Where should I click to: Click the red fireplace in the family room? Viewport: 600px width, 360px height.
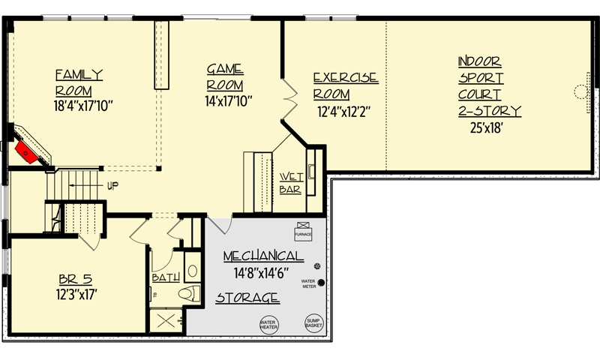click(x=27, y=152)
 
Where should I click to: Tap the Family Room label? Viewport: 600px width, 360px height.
click(x=79, y=83)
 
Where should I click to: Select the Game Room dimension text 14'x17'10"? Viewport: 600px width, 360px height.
click(x=229, y=101)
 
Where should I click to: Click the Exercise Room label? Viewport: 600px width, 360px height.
click(x=346, y=86)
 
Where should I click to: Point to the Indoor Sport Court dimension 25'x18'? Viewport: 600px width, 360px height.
click(x=486, y=127)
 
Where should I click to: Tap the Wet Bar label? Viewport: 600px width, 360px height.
click(x=291, y=183)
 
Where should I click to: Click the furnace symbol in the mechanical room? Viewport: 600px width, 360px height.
click(x=303, y=232)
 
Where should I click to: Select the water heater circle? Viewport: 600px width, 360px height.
click(x=268, y=325)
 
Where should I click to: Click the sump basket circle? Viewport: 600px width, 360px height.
click(x=313, y=323)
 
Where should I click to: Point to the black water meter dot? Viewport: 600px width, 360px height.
click(x=321, y=283)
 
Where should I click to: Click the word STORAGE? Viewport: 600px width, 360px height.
click(x=247, y=298)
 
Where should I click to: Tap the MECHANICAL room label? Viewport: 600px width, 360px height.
click(x=263, y=256)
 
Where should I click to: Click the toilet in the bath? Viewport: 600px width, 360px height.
click(x=189, y=293)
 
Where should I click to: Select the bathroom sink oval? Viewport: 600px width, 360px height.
click(x=193, y=271)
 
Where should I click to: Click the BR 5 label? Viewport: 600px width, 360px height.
click(x=76, y=279)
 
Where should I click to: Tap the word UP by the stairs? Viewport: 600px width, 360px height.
click(x=112, y=186)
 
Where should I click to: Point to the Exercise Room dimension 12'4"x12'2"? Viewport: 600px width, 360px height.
click(x=344, y=112)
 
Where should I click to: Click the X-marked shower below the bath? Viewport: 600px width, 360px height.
click(x=166, y=321)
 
